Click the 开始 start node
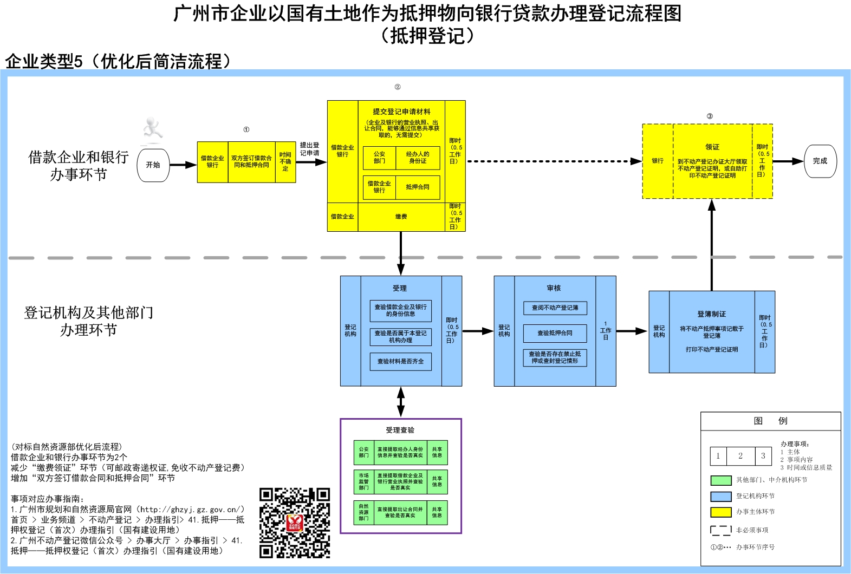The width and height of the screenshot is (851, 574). [153, 165]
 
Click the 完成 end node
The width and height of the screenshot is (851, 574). [820, 161]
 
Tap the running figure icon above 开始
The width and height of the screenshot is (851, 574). [152, 130]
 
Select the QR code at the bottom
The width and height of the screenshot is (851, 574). [295, 523]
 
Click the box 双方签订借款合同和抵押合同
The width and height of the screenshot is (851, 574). [251, 162]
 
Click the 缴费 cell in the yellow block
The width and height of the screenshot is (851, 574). [401, 217]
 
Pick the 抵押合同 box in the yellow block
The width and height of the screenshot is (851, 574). [418, 187]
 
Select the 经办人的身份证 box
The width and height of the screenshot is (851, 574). [418, 158]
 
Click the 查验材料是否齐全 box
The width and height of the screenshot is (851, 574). [400, 361]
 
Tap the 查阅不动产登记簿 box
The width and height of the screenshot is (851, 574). [555, 308]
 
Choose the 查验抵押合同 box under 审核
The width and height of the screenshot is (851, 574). [555, 333]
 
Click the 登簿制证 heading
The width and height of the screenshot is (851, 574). [711, 314]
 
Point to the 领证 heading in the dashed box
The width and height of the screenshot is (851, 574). [712, 147]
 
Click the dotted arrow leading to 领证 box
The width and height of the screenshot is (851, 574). [553, 161]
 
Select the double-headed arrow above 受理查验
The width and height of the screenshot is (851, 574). [400, 402]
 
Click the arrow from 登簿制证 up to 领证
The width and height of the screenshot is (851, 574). [712, 244]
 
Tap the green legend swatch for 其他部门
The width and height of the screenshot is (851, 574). [720, 480]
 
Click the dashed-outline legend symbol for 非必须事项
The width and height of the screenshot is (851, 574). [720, 530]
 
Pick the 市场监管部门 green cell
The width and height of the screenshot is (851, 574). [363, 481]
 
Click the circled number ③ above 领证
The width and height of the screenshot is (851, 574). [710, 116]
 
